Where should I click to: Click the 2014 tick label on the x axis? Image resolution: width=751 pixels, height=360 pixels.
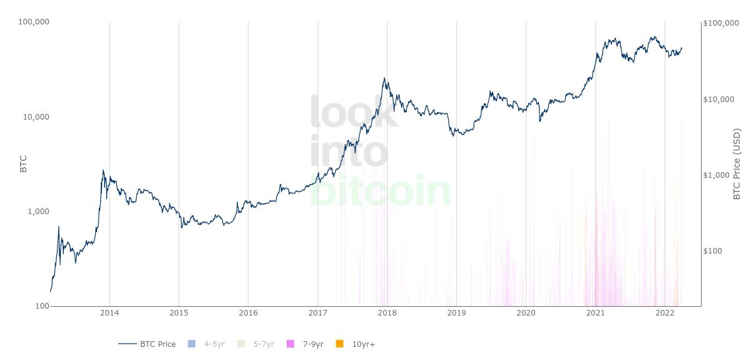coord(110,313)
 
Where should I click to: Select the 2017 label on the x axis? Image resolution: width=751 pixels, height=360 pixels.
coord(318,313)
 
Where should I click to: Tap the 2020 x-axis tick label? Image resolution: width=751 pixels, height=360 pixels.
coord(526,313)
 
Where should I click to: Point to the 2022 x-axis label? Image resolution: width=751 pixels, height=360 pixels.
coord(665,313)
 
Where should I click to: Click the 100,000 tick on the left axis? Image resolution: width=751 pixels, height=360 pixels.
coord(34,22)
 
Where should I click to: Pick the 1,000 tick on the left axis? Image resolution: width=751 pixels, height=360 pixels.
coord(38,212)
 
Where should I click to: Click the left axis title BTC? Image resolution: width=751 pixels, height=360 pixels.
coord(24,164)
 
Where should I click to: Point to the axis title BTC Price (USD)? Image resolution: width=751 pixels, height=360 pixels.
coord(737,164)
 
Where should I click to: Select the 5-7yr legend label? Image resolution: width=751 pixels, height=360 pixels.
coord(263,344)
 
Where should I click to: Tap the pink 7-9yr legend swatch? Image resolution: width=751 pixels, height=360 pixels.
coord(290,344)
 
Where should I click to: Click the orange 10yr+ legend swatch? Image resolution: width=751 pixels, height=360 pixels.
coord(340,344)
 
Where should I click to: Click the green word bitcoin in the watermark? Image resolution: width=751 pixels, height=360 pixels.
coord(380,190)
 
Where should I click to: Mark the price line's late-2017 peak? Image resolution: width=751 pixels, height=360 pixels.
coord(384,78)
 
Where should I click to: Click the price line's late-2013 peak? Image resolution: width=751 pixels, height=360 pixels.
coord(103,170)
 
